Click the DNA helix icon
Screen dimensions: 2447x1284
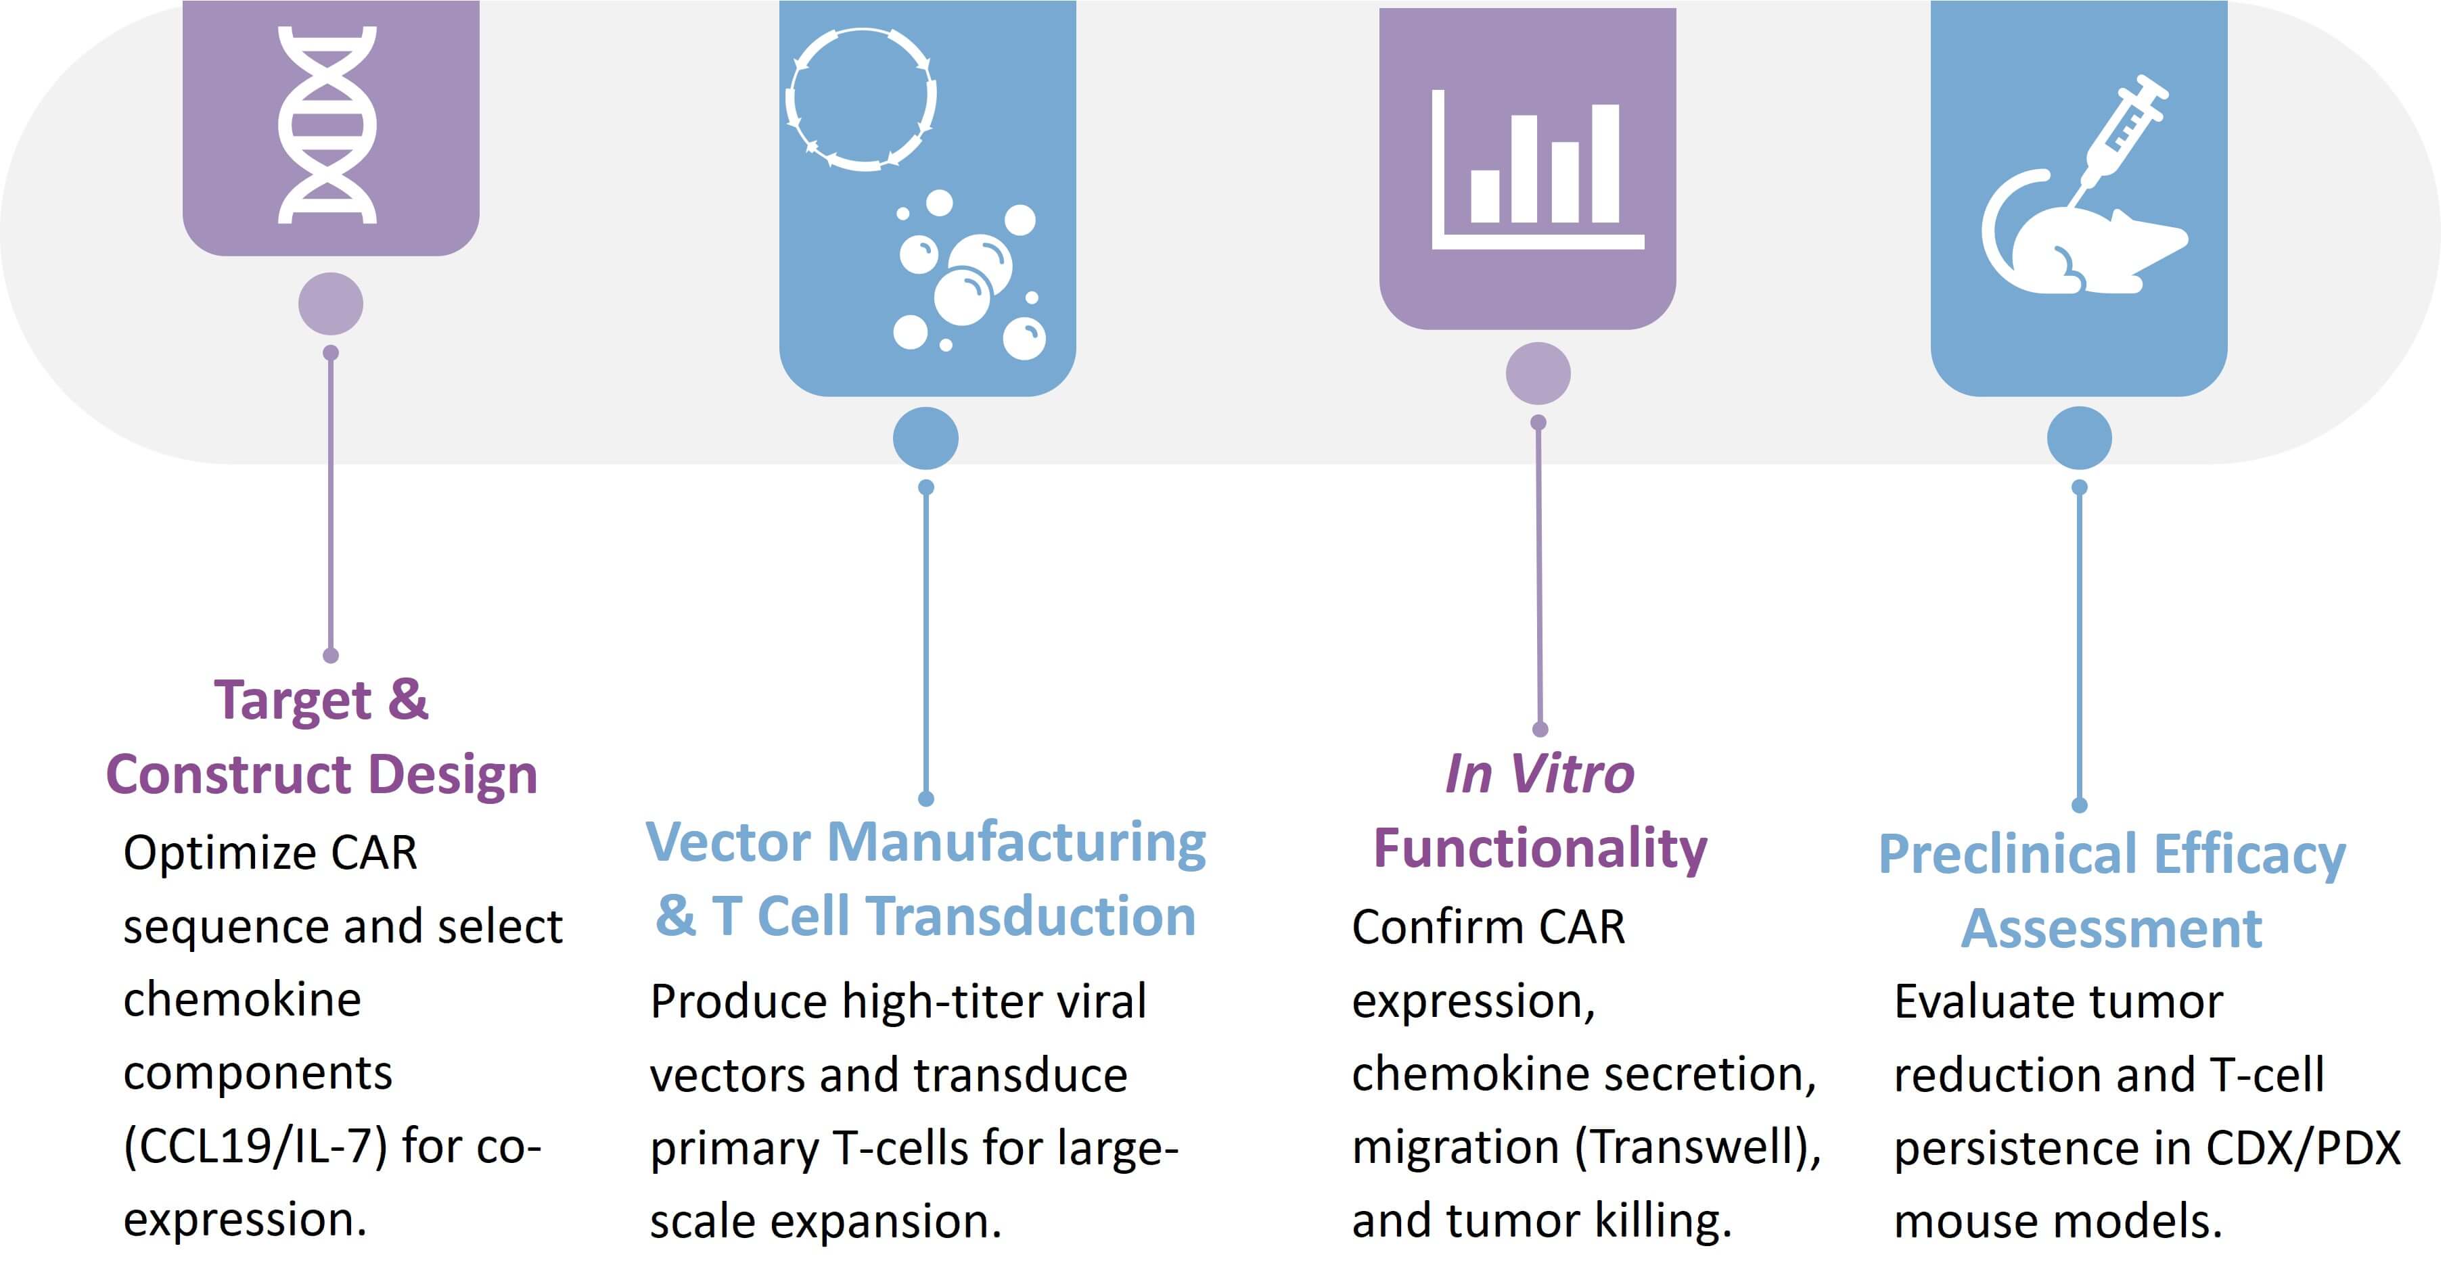327,124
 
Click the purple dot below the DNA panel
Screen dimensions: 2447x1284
331,304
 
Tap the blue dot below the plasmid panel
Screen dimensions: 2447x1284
925,438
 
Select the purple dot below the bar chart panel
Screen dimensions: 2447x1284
1538,373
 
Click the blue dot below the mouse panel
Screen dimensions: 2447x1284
2080,438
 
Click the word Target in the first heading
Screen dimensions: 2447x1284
292,702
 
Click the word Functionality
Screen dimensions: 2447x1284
1540,849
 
